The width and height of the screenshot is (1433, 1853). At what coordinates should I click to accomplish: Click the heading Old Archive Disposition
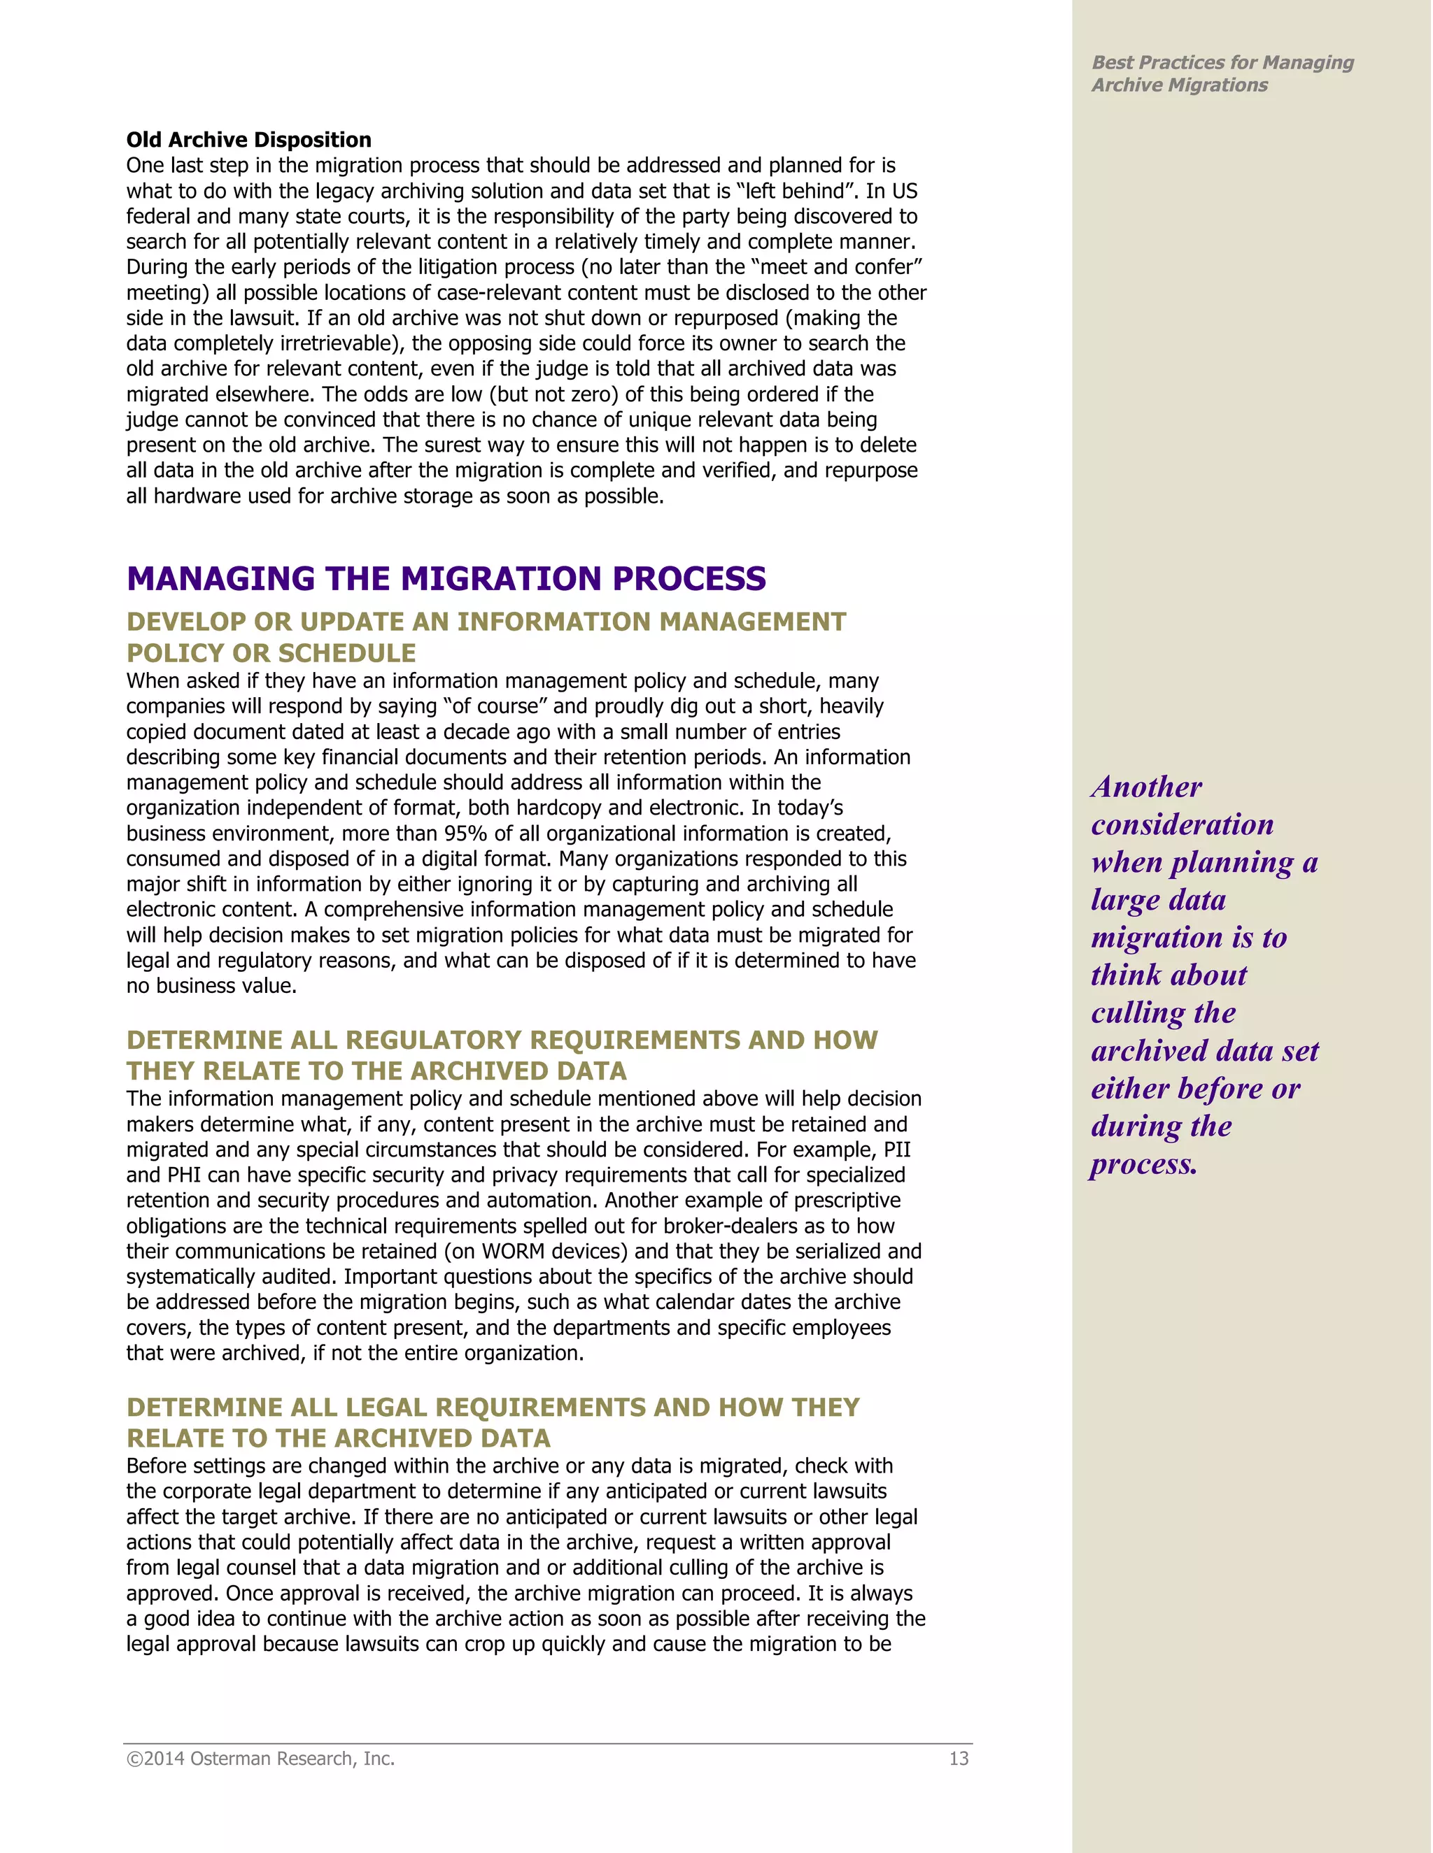(x=248, y=140)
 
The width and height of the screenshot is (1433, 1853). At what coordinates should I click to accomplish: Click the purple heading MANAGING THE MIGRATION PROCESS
(x=446, y=579)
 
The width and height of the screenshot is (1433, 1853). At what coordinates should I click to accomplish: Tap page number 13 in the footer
(x=959, y=1759)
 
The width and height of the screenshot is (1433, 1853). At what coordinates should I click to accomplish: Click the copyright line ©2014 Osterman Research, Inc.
(x=260, y=1759)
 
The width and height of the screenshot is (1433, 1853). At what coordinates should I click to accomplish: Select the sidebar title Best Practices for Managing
(x=1222, y=63)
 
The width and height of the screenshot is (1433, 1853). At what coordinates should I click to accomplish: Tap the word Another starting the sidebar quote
(x=1147, y=787)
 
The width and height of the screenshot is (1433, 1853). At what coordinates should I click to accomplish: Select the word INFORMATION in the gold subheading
(x=554, y=622)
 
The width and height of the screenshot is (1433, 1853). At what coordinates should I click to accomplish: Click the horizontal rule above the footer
(x=548, y=1743)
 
